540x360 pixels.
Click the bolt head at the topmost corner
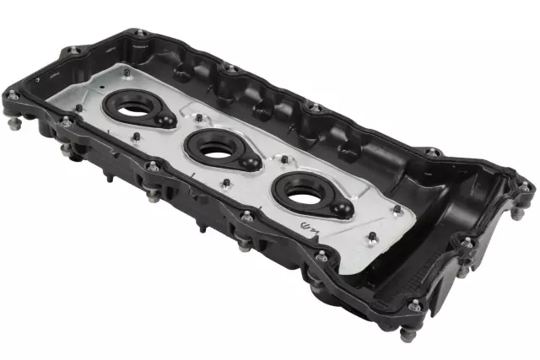(139, 34)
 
